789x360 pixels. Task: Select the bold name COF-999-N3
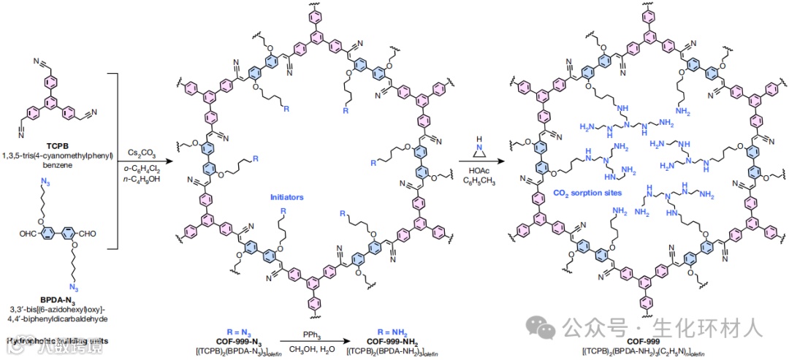click(229, 340)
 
